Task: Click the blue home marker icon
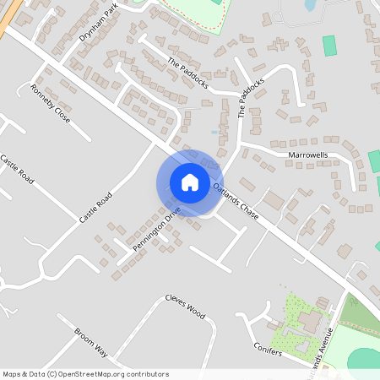190,182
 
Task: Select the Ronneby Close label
50,104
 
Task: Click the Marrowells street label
307,156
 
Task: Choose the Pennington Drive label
156,229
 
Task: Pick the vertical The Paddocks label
247,100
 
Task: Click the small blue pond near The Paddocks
214,133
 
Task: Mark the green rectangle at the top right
328,46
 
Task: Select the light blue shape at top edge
309,5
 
